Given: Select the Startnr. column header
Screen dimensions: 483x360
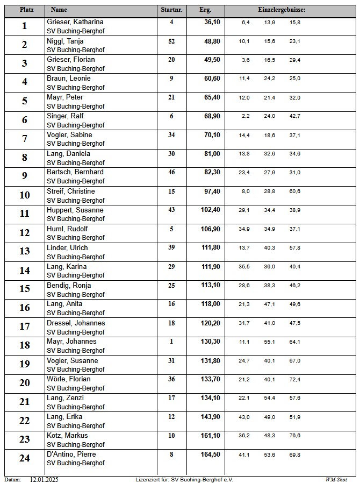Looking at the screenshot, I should click(171, 10).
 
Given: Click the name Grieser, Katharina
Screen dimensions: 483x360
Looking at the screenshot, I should click(75, 22).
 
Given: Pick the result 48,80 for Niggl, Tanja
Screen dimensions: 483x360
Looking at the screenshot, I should click(212, 41).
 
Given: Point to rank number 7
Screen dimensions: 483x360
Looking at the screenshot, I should click(24, 139).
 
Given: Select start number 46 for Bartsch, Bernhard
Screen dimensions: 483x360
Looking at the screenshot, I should click(171, 172).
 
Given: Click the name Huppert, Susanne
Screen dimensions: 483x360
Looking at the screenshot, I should click(75, 210).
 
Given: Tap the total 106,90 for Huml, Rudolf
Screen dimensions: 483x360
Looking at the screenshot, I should click(210, 229).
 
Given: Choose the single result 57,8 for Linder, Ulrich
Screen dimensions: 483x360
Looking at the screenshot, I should click(295, 248).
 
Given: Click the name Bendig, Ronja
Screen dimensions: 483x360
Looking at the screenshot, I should click(69, 285).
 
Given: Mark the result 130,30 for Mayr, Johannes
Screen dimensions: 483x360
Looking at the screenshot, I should click(210, 342).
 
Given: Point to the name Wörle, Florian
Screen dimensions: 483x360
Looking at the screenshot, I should click(69, 379).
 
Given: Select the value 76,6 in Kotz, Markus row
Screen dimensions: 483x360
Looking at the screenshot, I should click(295, 436).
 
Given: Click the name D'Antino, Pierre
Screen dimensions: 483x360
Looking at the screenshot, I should click(71, 454).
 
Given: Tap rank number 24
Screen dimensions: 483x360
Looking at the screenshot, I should click(24, 458).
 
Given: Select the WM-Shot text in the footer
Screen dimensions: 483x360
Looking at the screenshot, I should click(336, 479).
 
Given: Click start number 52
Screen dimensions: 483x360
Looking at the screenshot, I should click(171, 41).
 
